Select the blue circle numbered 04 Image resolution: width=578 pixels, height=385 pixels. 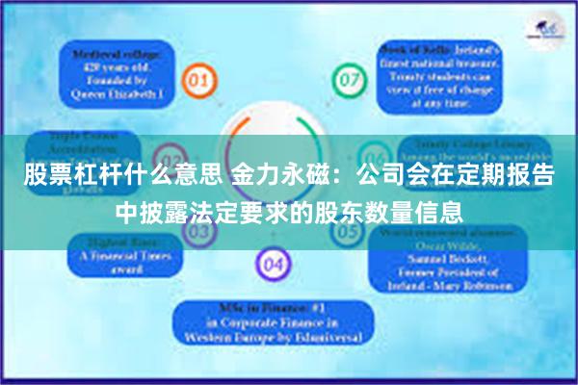pos(274,263)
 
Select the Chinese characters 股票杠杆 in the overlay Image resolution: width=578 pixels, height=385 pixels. pos(63,177)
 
